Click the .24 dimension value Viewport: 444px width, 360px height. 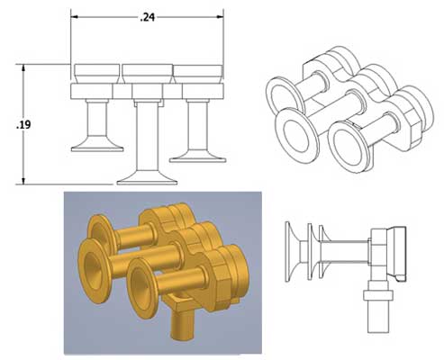tap(147, 16)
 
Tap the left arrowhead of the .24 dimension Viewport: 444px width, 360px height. tap(76, 16)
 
